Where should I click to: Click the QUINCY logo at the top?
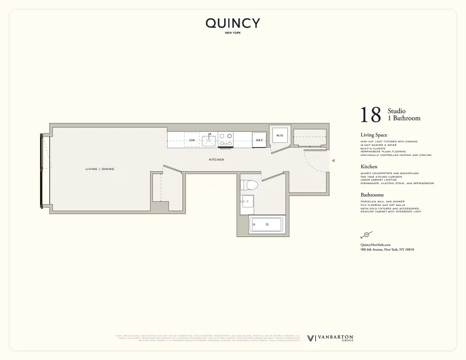[232, 24]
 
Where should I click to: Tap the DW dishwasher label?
[192, 141]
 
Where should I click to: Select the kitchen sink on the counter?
[209, 140]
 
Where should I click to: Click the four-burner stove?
[226, 139]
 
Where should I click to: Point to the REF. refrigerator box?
[259, 140]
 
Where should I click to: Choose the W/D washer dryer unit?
[279, 136]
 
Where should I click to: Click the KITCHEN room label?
[217, 159]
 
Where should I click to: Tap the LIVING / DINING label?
[100, 169]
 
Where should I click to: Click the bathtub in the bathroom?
[266, 225]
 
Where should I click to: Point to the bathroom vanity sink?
[247, 203]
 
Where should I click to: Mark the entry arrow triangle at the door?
[333, 160]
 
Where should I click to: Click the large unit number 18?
[371, 115]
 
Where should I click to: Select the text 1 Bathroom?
[404, 118]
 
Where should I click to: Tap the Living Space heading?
[374, 135]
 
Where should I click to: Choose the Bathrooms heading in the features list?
[372, 195]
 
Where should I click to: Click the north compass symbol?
[366, 234]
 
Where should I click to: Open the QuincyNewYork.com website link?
[375, 244]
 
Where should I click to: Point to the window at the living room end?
[41, 171]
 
